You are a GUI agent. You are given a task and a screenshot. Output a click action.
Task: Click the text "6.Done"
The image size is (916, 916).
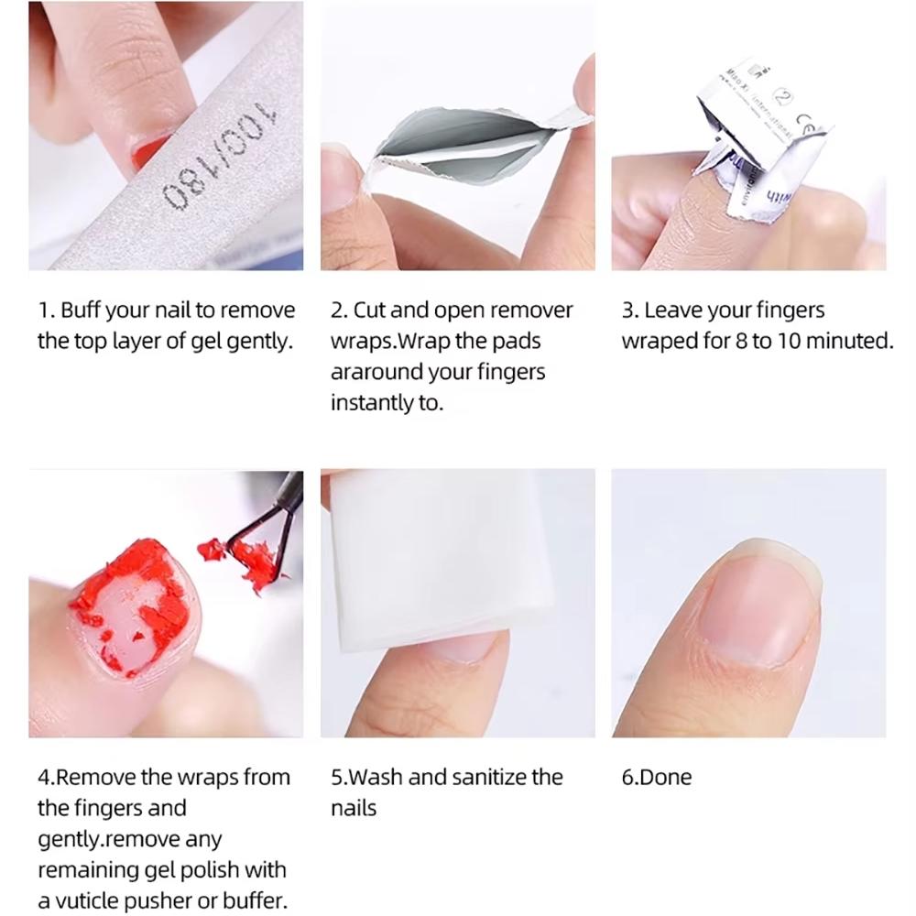(657, 778)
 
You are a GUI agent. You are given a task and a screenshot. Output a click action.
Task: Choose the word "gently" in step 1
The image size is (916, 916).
(258, 342)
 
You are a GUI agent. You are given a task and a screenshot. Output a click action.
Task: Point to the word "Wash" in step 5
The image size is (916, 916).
(377, 778)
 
